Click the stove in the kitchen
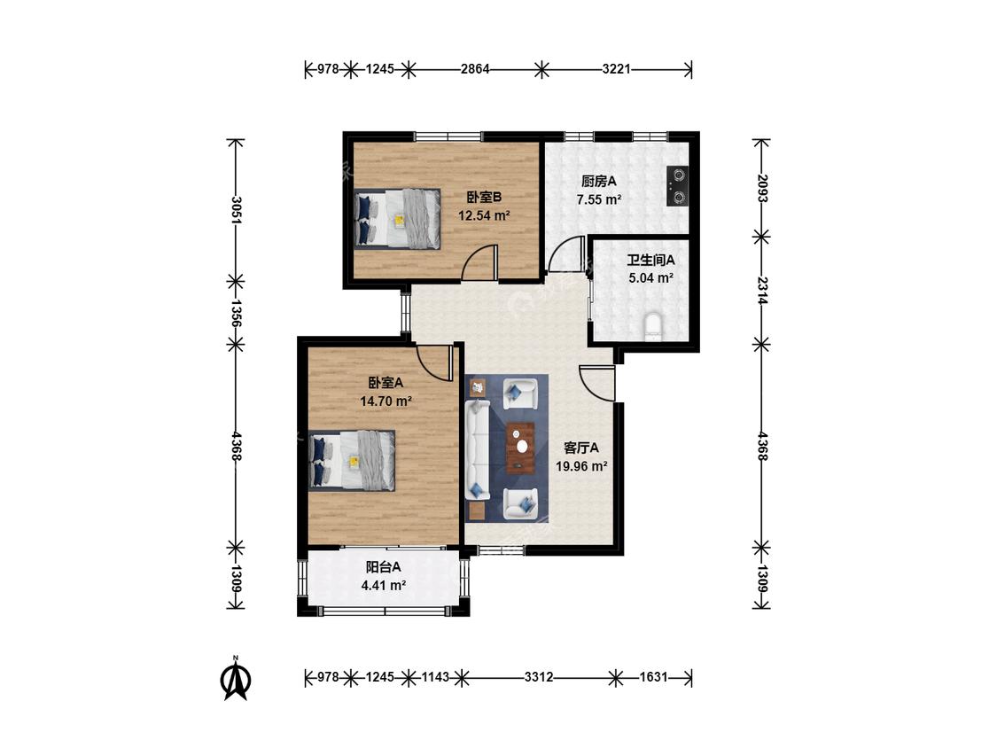point(677,185)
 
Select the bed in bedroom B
point(397,218)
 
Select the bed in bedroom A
point(352,460)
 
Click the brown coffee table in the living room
point(521,448)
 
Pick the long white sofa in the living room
point(477,449)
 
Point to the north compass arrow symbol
point(235,680)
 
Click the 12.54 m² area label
point(484,215)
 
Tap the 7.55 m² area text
point(599,199)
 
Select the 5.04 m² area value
point(650,278)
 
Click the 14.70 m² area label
point(386,401)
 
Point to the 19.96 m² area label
point(581,466)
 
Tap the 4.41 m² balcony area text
point(384,585)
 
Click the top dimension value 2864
point(475,69)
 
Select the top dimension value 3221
point(616,69)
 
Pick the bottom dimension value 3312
point(539,677)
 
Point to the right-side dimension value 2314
point(762,290)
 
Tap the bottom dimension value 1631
point(654,677)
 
